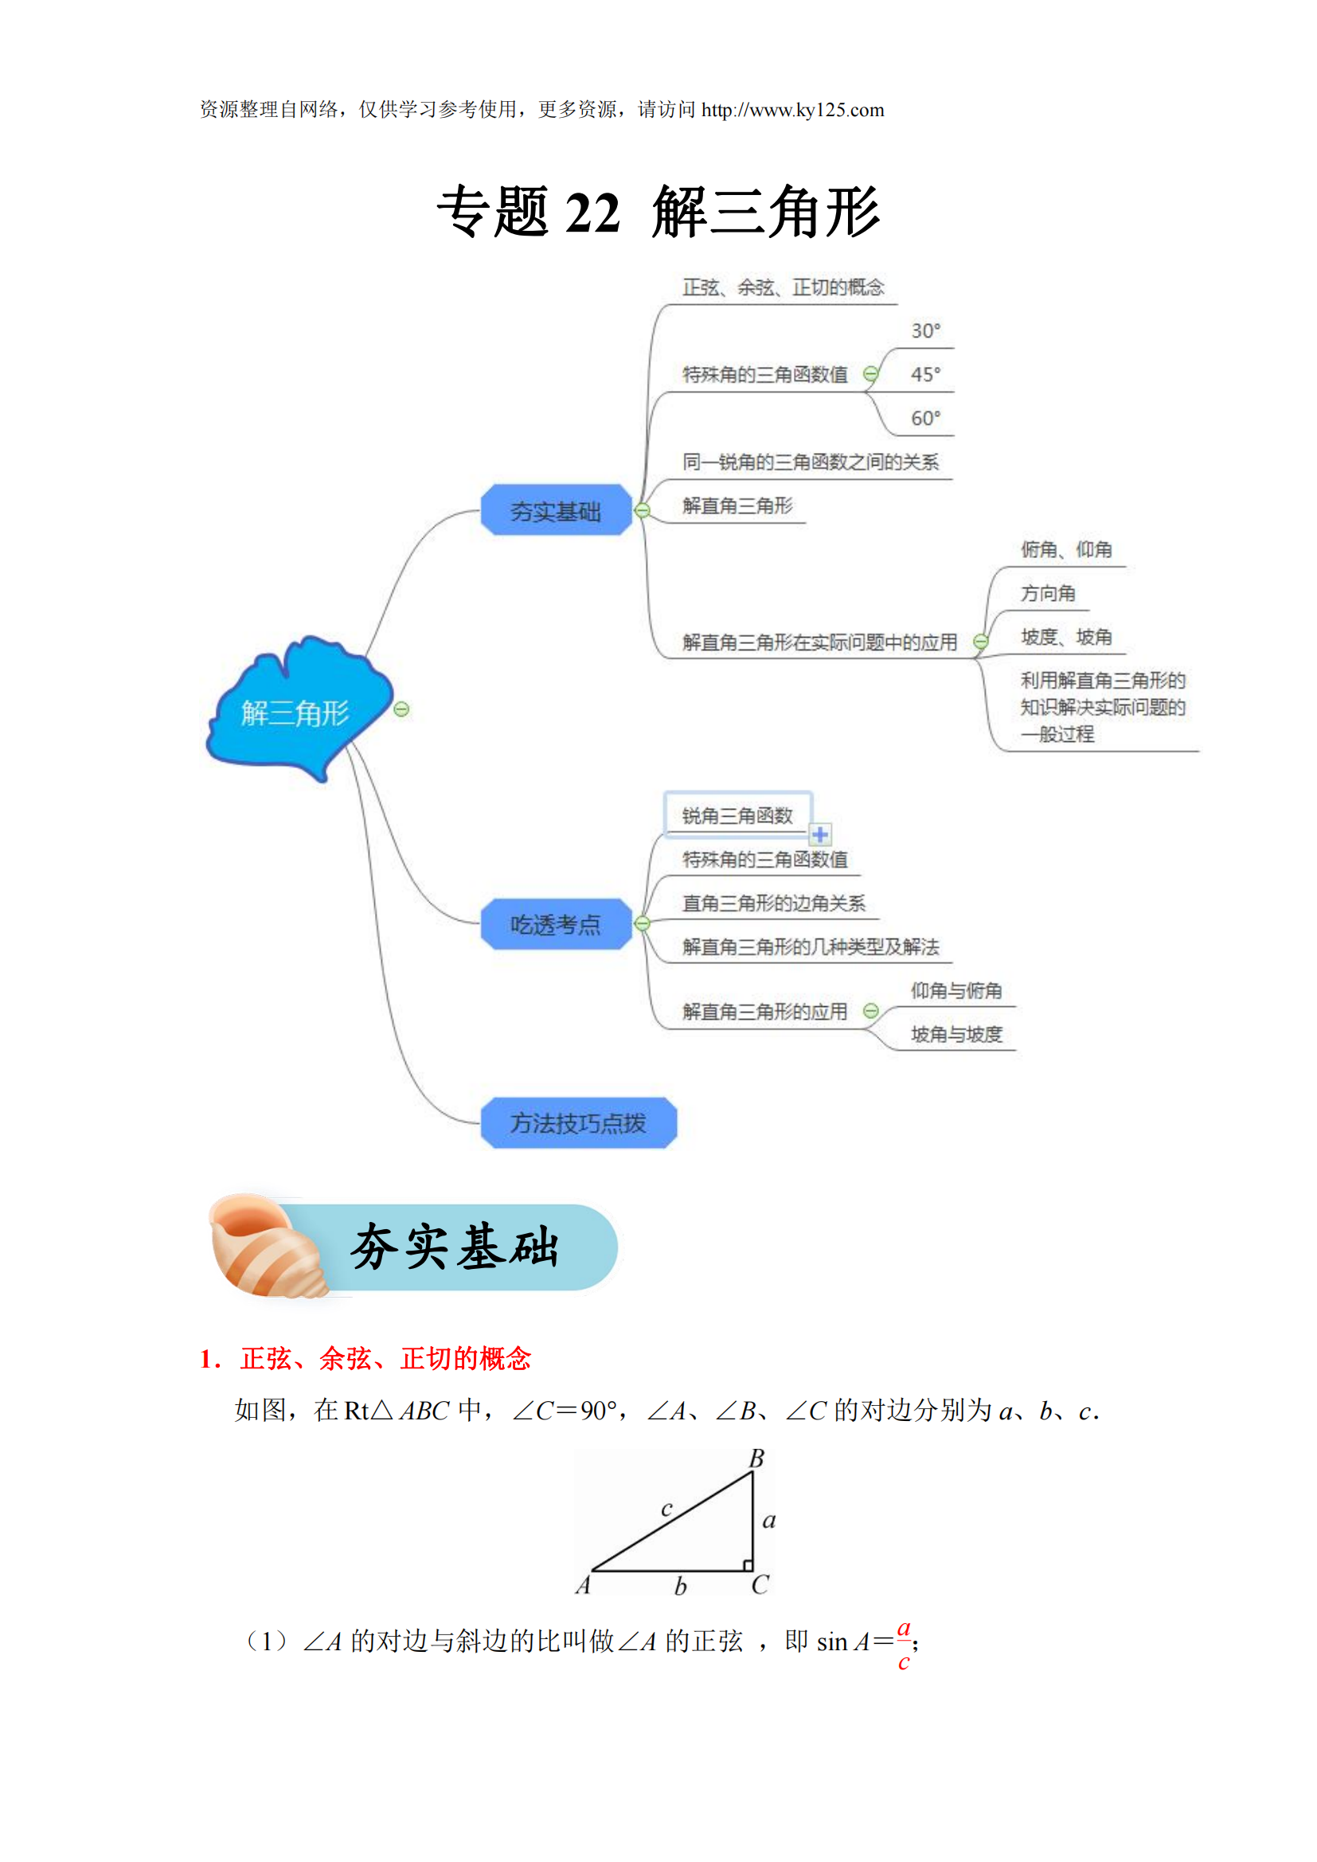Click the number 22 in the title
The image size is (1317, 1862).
point(593,213)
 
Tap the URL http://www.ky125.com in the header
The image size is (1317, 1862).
point(792,111)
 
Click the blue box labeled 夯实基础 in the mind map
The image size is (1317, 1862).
point(557,511)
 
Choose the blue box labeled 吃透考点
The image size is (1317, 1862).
point(557,924)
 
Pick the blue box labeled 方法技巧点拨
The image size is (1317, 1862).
point(578,1123)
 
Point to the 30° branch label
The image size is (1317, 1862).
point(925,331)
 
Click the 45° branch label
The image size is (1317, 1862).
point(925,375)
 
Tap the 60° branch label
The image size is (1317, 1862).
point(925,419)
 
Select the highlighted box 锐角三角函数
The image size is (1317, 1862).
point(737,815)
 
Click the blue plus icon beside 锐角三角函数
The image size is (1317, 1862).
point(821,834)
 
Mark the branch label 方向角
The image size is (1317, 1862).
point(1048,594)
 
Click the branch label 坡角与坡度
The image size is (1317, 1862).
point(956,1035)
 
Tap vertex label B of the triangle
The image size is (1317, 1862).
point(756,1459)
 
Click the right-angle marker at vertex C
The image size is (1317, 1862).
point(748,1565)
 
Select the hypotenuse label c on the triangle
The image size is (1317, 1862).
point(666,1509)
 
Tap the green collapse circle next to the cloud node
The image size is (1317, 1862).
point(401,709)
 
